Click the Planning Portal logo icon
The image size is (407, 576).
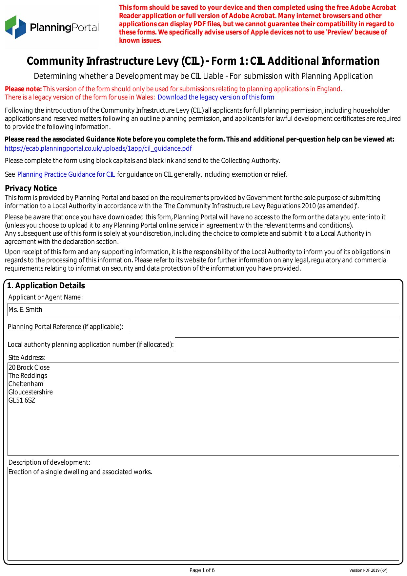click(x=15, y=27)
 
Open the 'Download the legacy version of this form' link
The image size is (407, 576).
click(x=215, y=97)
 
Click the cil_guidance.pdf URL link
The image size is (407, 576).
click(x=98, y=148)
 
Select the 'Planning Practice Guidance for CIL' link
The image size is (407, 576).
click(x=66, y=174)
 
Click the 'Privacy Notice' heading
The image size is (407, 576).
click(x=31, y=188)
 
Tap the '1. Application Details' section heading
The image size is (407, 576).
click(x=46, y=286)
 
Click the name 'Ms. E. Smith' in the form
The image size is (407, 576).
click(x=25, y=310)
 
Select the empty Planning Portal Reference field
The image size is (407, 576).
click(x=264, y=327)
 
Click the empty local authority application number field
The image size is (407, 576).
click(x=287, y=344)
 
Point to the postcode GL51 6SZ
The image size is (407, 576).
click(x=22, y=400)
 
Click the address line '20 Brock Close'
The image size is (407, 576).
click(x=29, y=367)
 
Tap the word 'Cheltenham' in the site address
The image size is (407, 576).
click(x=26, y=384)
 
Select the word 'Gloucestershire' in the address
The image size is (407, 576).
click(x=31, y=392)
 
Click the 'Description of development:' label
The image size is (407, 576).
click(x=49, y=462)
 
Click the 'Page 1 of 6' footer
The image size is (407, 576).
click(x=202, y=570)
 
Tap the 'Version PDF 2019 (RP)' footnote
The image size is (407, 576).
click(x=368, y=570)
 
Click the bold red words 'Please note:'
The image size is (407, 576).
click(x=23, y=89)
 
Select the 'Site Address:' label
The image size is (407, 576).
click(x=27, y=358)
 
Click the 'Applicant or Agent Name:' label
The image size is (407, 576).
click(x=46, y=297)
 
